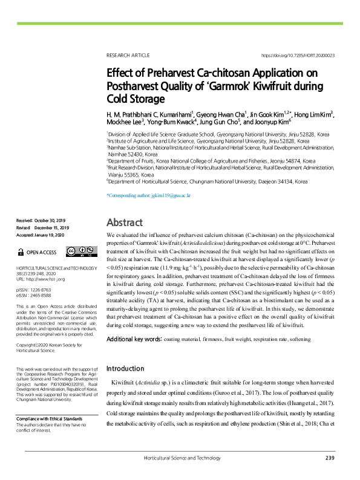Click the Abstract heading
[x=124, y=222]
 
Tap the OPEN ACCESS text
[x=41, y=252]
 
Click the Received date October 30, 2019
[x=53, y=222]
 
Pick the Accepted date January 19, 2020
[x=54, y=234]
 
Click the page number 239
[x=329, y=458]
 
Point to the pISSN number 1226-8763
[x=44, y=290]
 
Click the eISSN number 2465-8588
[x=44, y=295]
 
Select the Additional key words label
[x=134, y=340]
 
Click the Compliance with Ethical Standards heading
[x=49, y=418]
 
